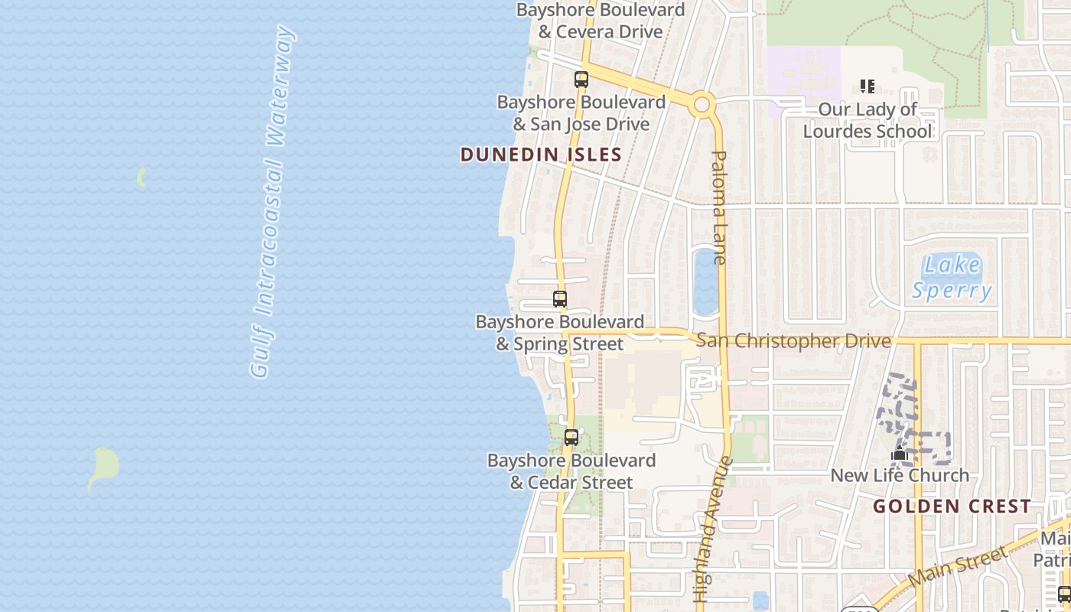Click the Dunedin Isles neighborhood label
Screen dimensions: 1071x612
point(541,155)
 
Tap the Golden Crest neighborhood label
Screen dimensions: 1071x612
point(952,506)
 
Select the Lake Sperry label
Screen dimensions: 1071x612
point(952,278)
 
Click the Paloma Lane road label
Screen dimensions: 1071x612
point(719,207)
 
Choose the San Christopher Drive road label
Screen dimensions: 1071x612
point(793,341)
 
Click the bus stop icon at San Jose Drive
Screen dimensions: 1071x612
point(581,79)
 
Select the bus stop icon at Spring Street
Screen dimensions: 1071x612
point(560,299)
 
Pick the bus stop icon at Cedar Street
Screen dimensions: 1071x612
point(571,438)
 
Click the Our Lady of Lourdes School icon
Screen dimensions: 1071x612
point(867,86)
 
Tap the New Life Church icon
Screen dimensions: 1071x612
point(899,454)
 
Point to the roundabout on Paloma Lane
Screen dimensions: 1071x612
point(702,104)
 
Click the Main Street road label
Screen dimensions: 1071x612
point(959,568)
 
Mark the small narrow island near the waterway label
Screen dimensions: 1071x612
point(141,178)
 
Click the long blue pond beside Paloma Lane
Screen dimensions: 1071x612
point(705,282)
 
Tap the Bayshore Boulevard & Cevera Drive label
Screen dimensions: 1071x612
point(600,21)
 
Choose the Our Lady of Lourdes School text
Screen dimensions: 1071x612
point(868,120)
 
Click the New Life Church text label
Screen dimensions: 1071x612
point(900,475)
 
